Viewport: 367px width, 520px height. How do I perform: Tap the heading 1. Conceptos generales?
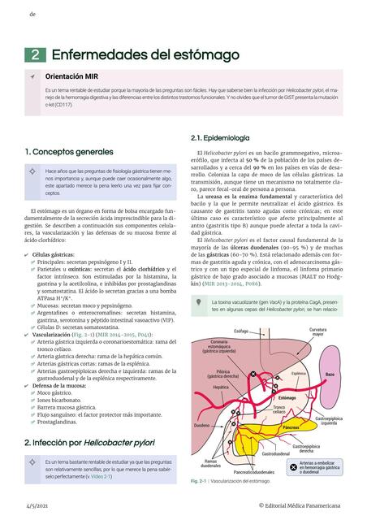click(68, 152)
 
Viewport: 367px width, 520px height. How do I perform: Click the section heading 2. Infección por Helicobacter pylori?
click(89, 442)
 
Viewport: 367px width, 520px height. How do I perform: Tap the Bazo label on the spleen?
click(330, 375)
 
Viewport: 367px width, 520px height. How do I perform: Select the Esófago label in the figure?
click(241, 331)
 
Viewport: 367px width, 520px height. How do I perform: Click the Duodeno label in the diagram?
click(201, 425)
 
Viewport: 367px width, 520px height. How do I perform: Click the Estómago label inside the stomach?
click(287, 398)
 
